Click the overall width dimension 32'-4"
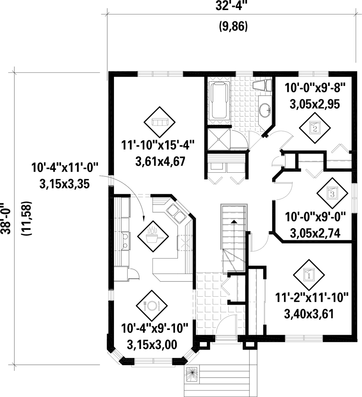(x=231, y=6)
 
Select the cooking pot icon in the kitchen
(x=153, y=236)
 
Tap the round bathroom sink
(x=265, y=110)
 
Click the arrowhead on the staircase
(x=234, y=222)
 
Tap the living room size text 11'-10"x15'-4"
(x=158, y=146)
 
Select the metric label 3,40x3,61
(x=309, y=314)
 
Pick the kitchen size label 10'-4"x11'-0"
(x=65, y=168)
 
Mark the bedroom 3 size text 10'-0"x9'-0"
(x=315, y=217)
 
